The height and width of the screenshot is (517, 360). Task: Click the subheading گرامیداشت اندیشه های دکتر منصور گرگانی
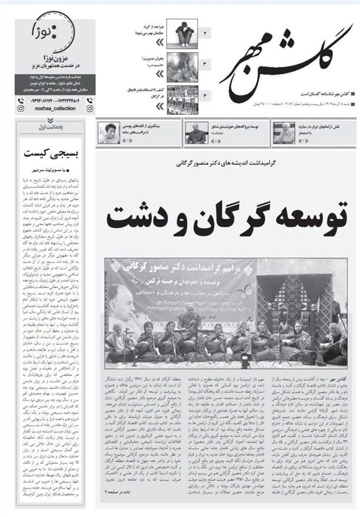(223, 165)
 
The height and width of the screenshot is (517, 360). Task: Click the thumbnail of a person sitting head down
(185, 31)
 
